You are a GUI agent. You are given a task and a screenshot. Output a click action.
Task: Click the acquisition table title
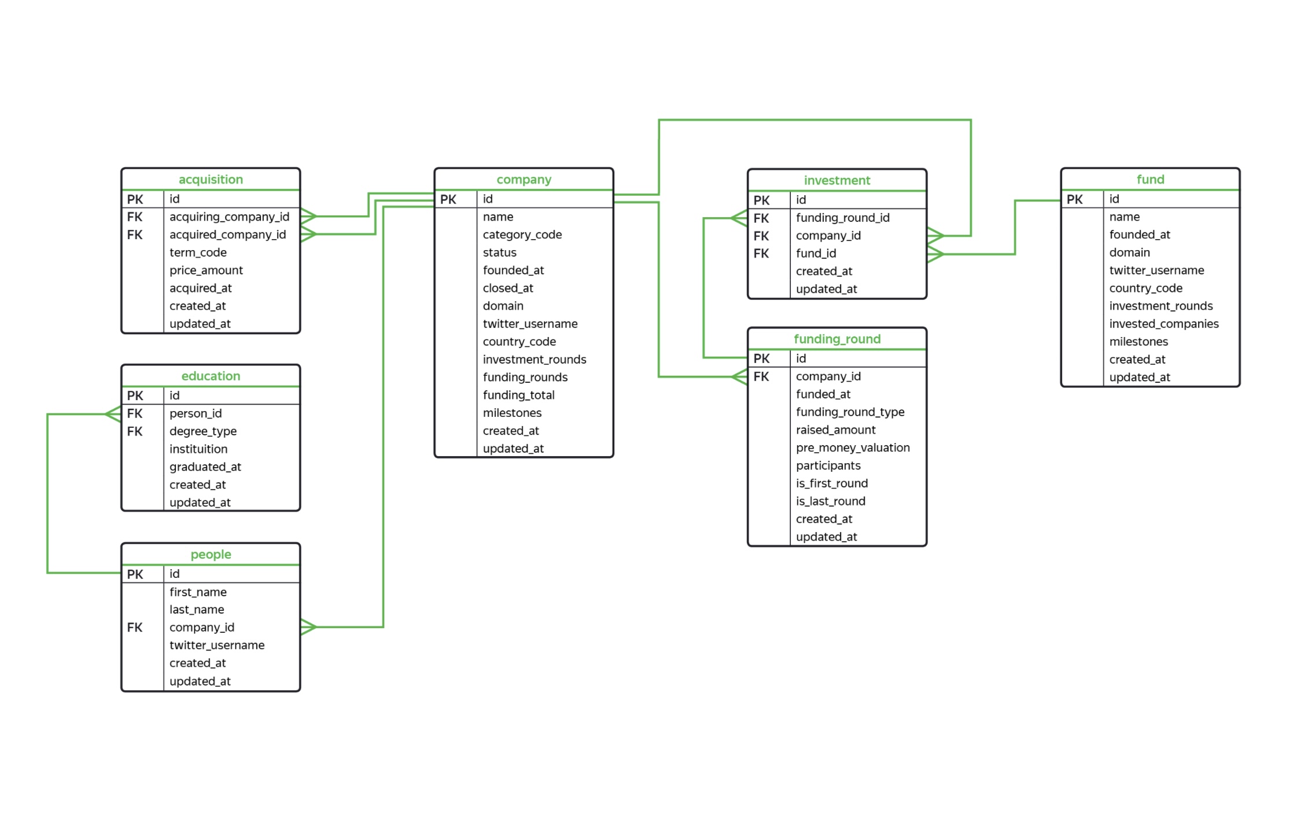211,179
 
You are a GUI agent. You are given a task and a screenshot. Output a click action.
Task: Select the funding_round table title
837,339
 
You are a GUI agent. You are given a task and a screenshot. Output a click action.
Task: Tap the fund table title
1150,179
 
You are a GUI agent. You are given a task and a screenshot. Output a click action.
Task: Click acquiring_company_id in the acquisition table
229,217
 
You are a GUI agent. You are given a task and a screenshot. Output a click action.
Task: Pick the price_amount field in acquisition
206,270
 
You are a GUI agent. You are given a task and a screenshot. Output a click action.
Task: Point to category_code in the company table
522,234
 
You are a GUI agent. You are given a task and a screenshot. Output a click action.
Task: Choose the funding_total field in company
518,395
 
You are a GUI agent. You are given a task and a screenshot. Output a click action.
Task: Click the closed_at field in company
508,288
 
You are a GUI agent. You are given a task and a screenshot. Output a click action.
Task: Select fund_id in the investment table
816,254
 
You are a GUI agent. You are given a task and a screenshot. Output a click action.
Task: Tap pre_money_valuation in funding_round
852,448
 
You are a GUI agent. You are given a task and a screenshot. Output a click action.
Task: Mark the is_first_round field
831,483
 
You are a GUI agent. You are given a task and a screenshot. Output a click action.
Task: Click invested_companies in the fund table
1163,324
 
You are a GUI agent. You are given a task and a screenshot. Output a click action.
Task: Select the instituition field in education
198,449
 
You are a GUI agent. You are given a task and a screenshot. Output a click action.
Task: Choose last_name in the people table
196,610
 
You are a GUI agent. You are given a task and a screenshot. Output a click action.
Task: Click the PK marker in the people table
135,574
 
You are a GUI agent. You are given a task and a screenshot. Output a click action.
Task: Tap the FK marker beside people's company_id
135,628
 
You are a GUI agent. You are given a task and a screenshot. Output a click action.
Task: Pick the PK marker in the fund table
1074,200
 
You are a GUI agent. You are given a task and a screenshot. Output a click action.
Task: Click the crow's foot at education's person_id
113,414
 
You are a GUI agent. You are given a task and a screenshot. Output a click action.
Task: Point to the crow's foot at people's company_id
308,627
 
